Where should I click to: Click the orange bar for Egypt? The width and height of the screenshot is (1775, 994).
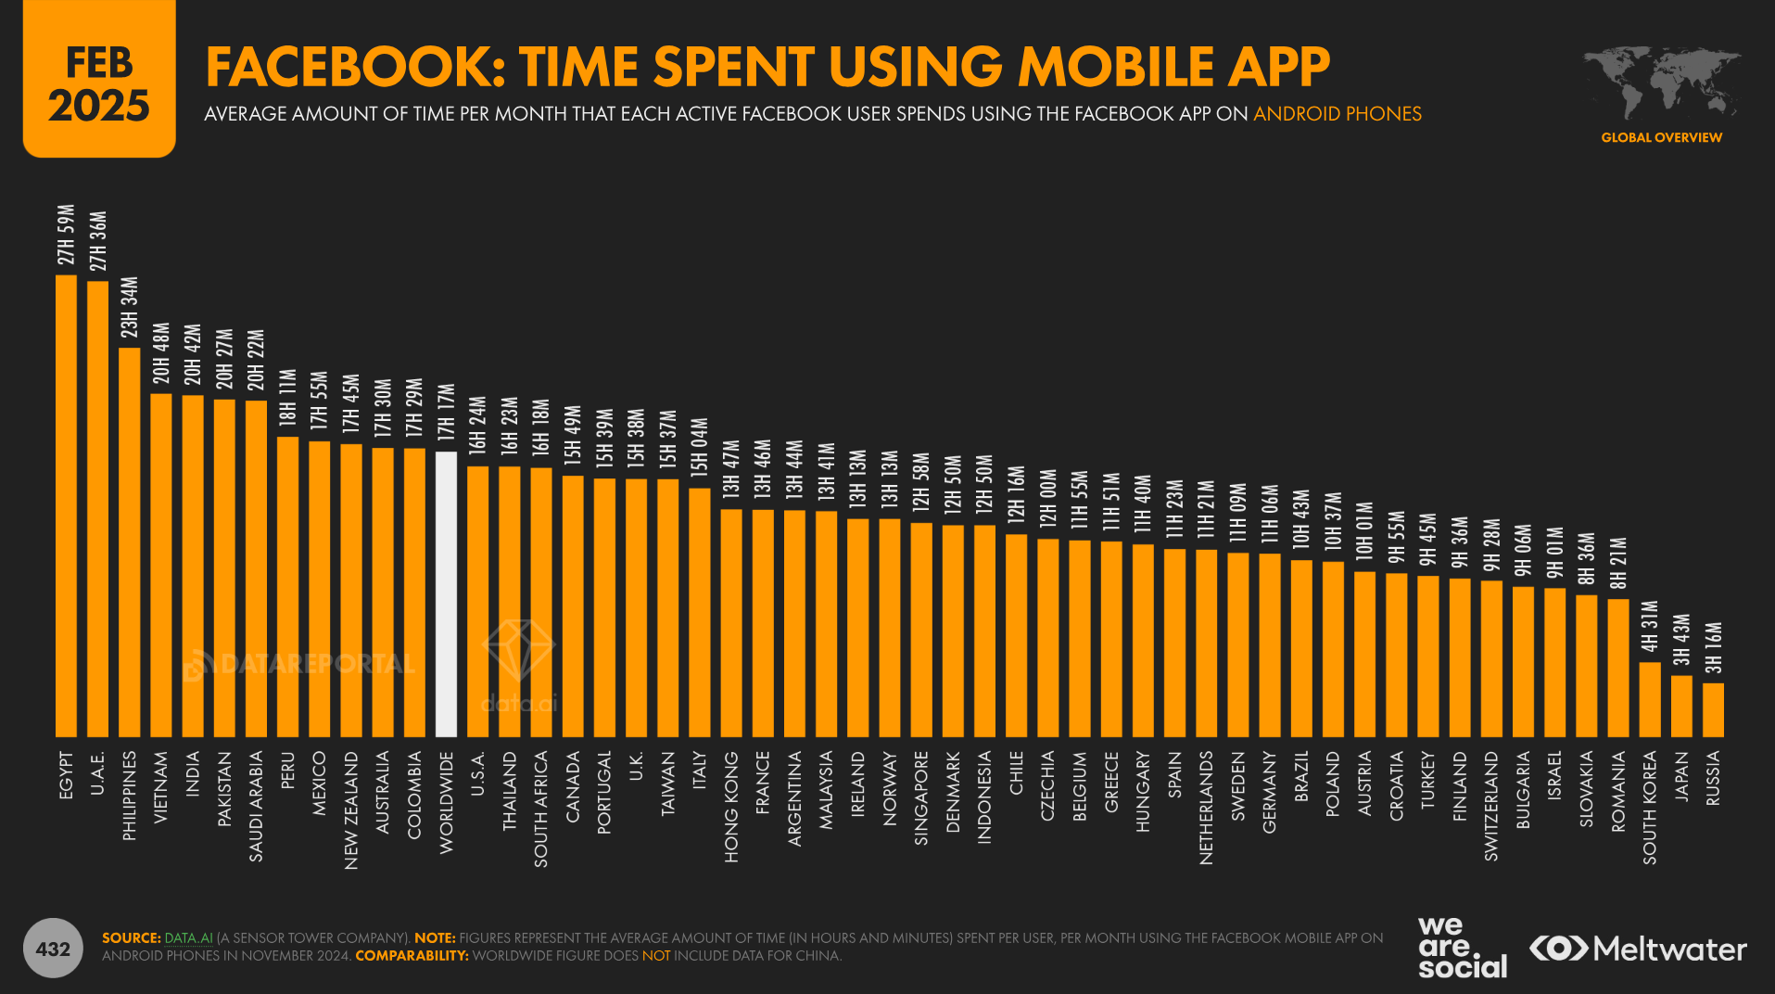[x=66, y=505]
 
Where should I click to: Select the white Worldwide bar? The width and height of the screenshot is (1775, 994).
[x=446, y=593]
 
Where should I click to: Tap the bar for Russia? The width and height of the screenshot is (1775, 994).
[x=1713, y=709]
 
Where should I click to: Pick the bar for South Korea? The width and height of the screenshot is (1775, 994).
[x=1650, y=699]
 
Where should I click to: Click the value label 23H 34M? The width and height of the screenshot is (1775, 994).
[x=130, y=308]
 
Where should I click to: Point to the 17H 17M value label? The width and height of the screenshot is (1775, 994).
[x=447, y=413]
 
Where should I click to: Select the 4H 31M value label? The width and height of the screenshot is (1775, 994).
[x=1650, y=627]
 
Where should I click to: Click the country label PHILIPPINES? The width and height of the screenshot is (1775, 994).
[x=130, y=796]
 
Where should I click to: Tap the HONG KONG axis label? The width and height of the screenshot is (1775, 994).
[x=731, y=807]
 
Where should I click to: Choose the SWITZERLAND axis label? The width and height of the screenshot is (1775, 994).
[x=1491, y=806]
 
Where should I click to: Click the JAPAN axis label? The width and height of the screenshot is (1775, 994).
[x=1681, y=776]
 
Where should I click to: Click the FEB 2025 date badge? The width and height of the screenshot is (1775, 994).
[x=99, y=82]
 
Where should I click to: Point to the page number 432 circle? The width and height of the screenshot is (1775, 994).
[x=53, y=949]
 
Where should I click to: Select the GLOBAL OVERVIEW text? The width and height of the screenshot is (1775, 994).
[x=1661, y=137]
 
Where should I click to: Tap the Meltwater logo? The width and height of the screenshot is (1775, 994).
[x=1638, y=949]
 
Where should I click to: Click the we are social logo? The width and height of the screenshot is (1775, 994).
[x=1461, y=947]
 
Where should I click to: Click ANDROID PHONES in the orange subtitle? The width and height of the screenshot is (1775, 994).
[x=1337, y=114]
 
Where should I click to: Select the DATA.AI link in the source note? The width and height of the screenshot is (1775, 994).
[x=188, y=938]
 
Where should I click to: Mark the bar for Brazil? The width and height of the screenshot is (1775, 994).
[x=1301, y=648]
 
